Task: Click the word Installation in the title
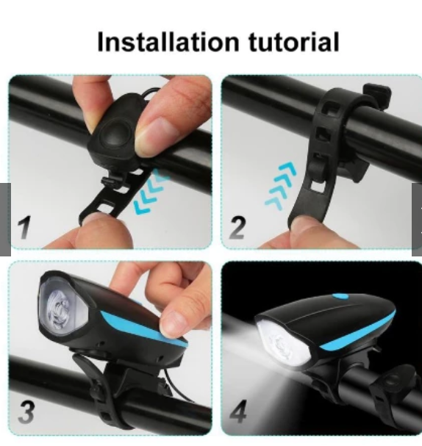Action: pos(168,42)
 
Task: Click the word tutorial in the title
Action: pos(294,42)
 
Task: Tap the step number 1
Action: pos(25,227)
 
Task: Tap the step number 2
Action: pos(237,227)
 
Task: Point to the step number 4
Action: pos(238,411)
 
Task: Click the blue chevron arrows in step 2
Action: pos(281,186)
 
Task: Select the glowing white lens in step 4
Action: pos(283,345)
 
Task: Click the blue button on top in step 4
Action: pos(340,297)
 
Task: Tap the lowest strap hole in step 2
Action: pos(316,186)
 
